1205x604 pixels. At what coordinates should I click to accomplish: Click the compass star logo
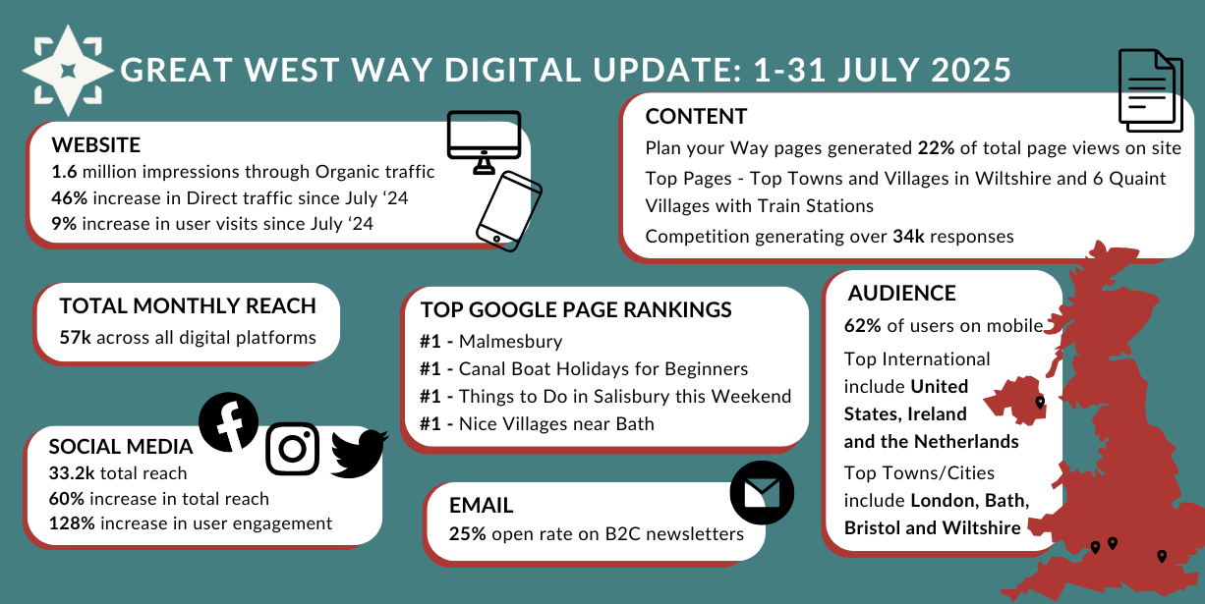(x=68, y=71)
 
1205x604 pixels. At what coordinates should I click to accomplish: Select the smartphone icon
(x=509, y=211)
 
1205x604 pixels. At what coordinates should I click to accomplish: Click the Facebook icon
(x=229, y=422)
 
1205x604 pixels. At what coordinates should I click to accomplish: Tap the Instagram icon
(x=293, y=449)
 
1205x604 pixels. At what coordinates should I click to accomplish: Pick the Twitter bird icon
(x=359, y=454)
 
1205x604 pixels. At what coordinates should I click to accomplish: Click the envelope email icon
(x=762, y=492)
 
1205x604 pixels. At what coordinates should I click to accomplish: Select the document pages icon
(x=1150, y=90)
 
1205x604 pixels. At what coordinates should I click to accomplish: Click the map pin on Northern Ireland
(x=1040, y=403)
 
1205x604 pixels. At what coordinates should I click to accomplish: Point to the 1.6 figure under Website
(x=64, y=172)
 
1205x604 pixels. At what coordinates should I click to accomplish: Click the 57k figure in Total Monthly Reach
(x=76, y=338)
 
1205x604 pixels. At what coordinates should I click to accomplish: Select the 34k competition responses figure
(x=908, y=237)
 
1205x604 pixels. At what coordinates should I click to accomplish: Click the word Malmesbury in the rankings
(x=510, y=342)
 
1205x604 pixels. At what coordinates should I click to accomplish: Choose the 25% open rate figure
(x=468, y=534)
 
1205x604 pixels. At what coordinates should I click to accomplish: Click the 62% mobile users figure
(x=862, y=326)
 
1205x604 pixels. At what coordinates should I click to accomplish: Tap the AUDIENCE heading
(x=902, y=294)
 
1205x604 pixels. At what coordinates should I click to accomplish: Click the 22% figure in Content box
(x=936, y=148)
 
